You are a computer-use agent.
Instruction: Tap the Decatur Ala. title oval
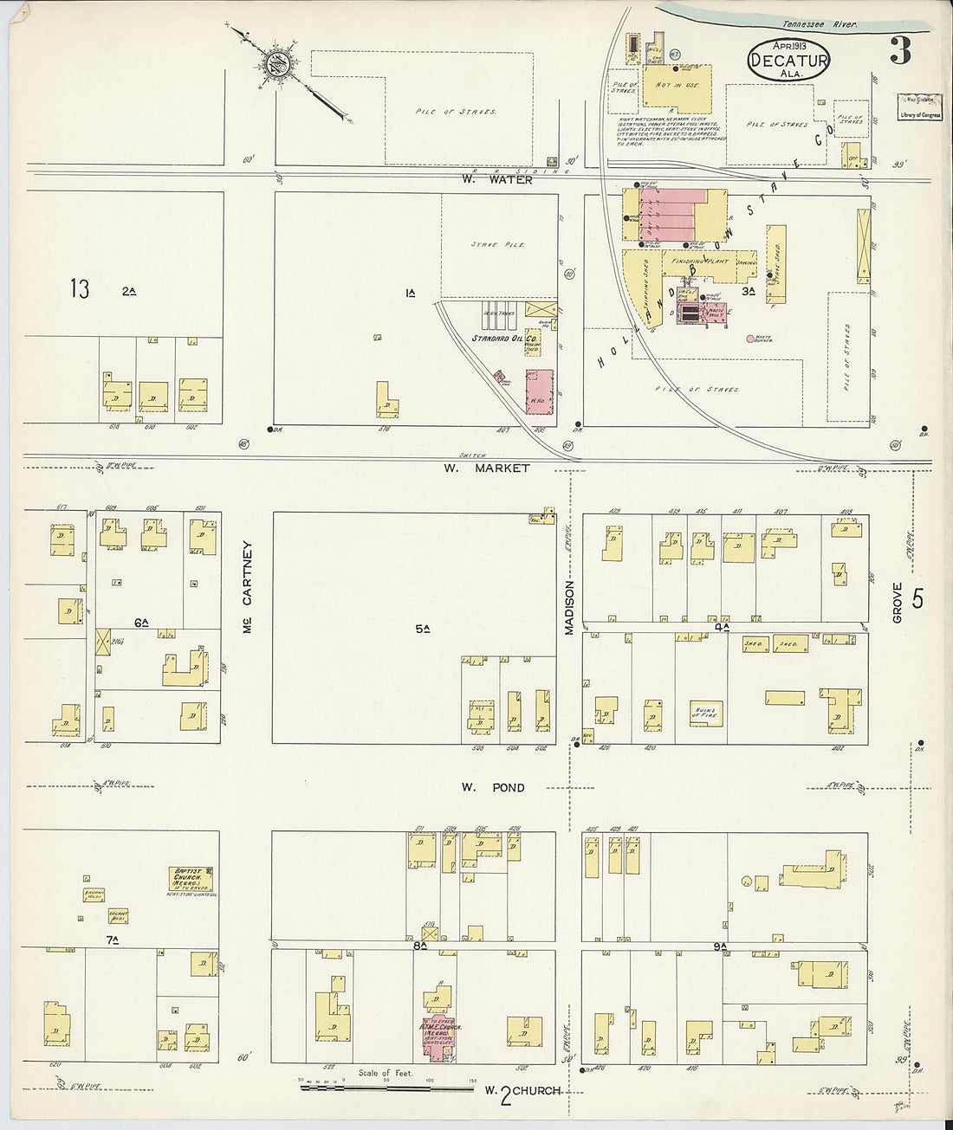click(x=788, y=61)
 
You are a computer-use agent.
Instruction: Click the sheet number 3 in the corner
click(x=900, y=52)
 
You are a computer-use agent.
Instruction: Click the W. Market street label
click(x=486, y=468)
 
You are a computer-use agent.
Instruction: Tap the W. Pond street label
click(x=492, y=787)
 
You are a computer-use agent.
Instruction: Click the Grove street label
click(x=898, y=602)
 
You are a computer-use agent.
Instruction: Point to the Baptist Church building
click(x=191, y=880)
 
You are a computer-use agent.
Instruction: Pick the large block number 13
click(x=80, y=289)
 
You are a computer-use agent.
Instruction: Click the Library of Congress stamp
click(x=919, y=107)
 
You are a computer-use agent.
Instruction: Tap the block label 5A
click(x=422, y=629)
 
